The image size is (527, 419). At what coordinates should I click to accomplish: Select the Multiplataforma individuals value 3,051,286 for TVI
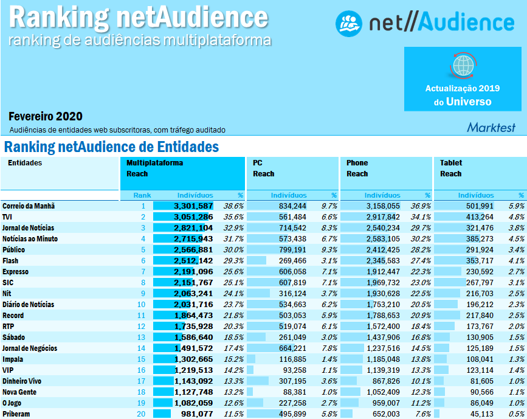tap(193, 217)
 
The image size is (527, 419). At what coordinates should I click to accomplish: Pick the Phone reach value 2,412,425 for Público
tap(383, 250)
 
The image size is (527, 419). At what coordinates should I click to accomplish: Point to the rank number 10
tap(142, 305)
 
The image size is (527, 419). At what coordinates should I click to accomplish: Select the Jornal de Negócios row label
tap(30, 348)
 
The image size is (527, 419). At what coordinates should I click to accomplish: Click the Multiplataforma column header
tap(154, 163)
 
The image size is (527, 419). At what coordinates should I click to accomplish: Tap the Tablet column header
tap(451, 163)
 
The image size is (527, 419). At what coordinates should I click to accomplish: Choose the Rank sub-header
tap(142, 195)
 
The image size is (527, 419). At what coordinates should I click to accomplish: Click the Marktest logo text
tap(491, 128)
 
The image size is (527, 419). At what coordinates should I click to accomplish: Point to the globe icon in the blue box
tap(463, 64)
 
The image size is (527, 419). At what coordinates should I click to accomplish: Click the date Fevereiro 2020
tap(46, 116)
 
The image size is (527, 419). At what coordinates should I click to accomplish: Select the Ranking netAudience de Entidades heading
tap(111, 147)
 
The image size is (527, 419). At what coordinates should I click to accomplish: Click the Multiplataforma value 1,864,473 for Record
tap(193, 316)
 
